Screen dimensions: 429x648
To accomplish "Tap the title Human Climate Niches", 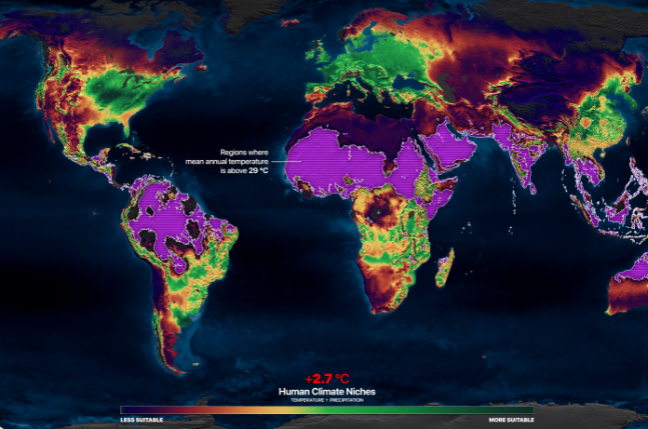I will (x=327, y=392).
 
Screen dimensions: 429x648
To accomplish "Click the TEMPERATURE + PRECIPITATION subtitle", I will (x=327, y=400).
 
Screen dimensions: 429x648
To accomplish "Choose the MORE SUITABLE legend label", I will (x=511, y=420).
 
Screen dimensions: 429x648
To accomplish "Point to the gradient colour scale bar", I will (x=327, y=409).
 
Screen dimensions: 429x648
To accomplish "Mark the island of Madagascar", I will (x=445, y=267).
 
